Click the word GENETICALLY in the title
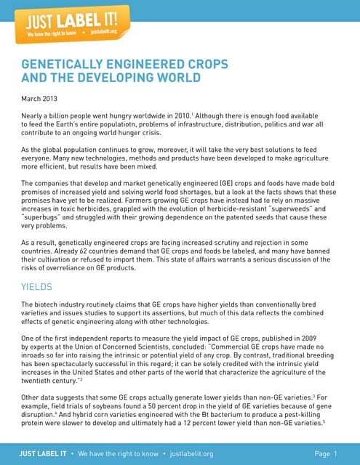[x=64, y=64]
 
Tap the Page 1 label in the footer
[x=327, y=453]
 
